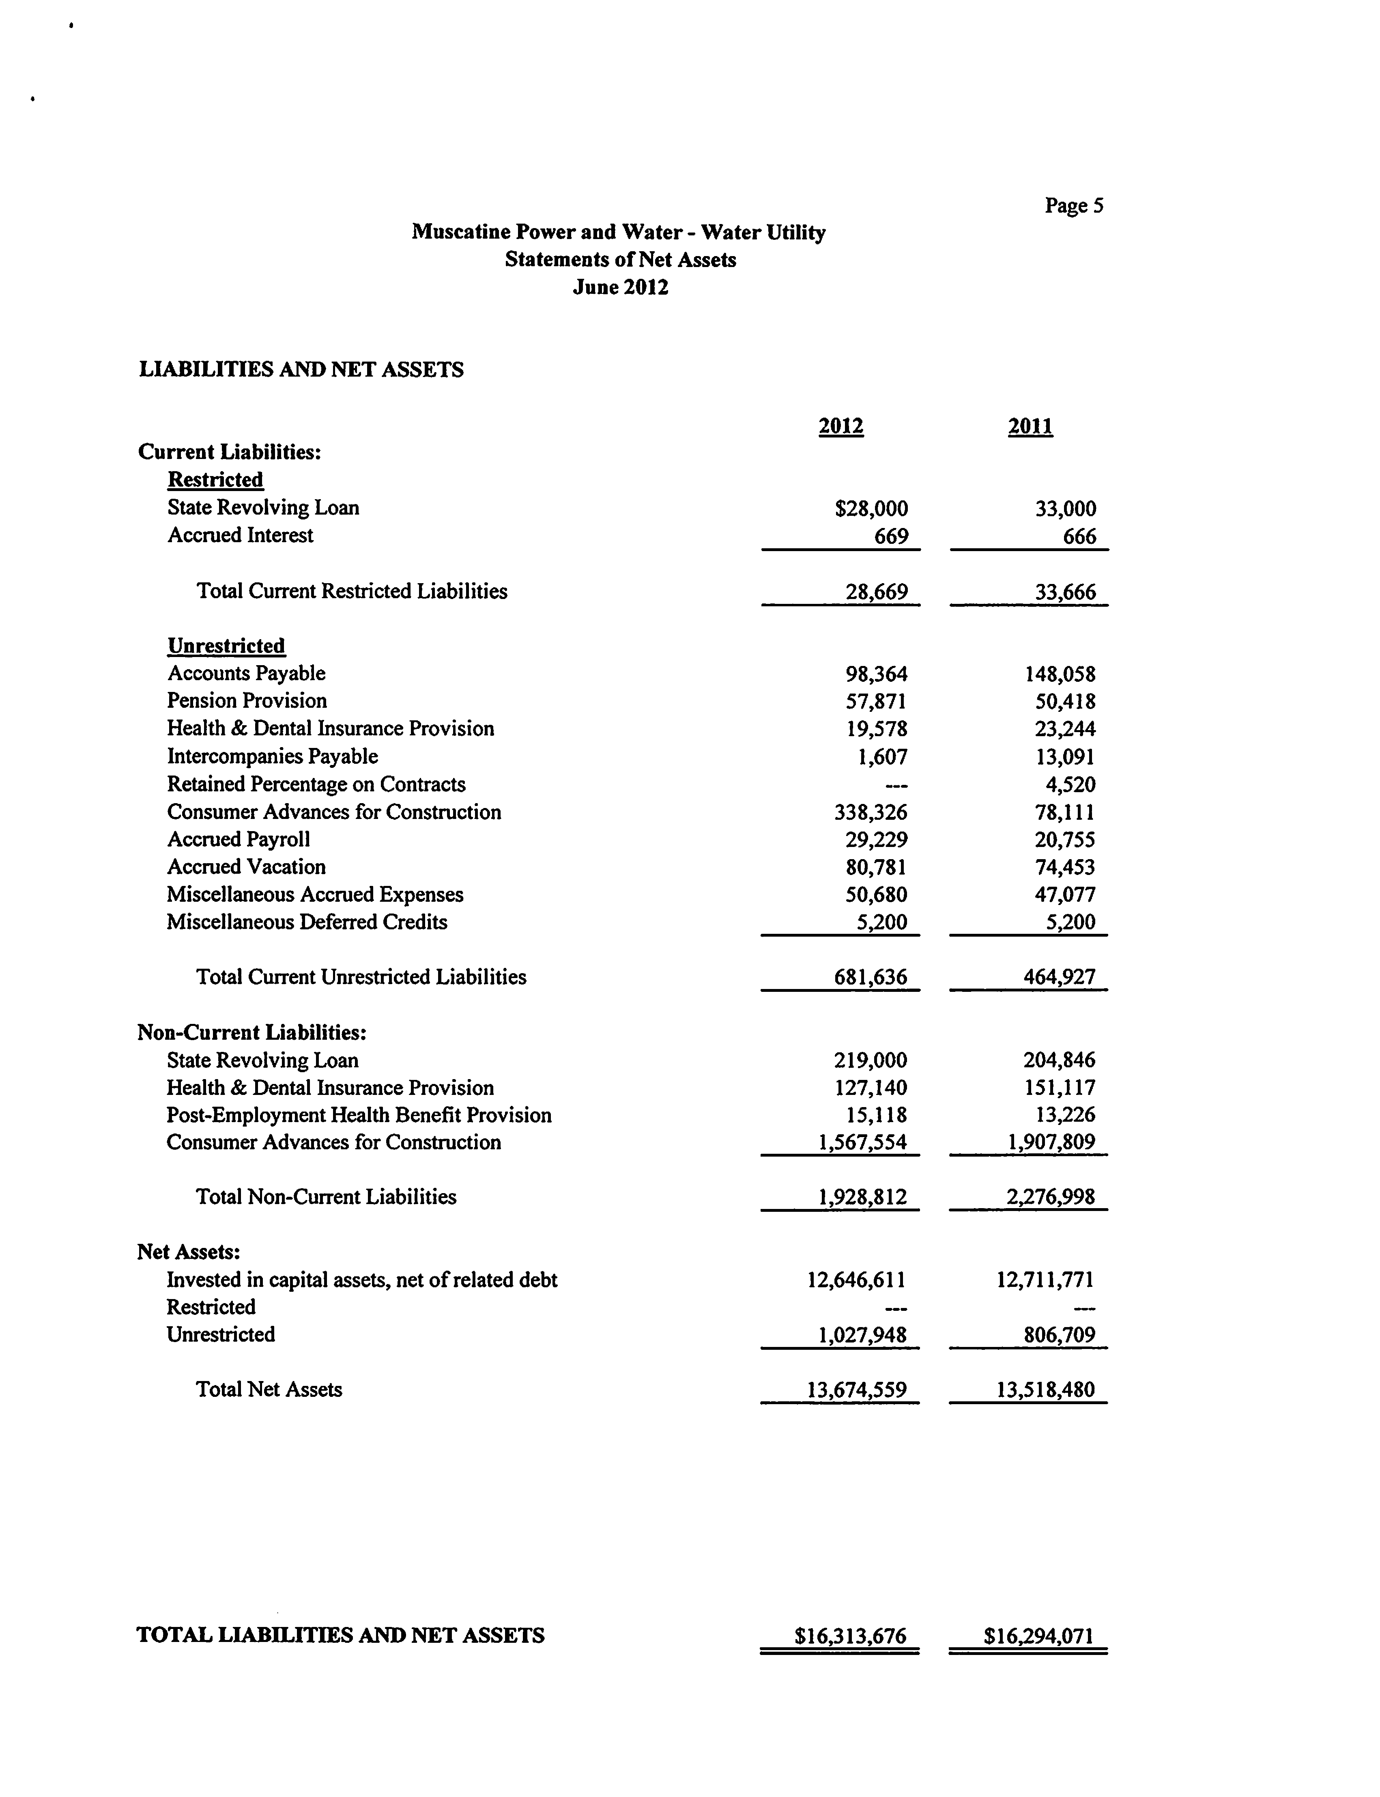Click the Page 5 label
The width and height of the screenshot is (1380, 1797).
(1074, 205)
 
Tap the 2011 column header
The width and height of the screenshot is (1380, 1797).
(1030, 426)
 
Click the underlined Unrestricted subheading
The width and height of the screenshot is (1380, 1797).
(226, 646)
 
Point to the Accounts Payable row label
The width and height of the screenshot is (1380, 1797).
(247, 674)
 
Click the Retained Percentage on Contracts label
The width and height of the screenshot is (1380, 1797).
(316, 785)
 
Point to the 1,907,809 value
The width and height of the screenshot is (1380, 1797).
(1051, 1143)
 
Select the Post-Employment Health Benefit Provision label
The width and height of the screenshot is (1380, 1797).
(359, 1115)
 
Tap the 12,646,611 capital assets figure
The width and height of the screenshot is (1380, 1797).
(857, 1279)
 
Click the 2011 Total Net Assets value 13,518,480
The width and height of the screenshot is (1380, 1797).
(1045, 1390)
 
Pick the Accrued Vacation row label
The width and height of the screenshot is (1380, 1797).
(247, 867)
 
